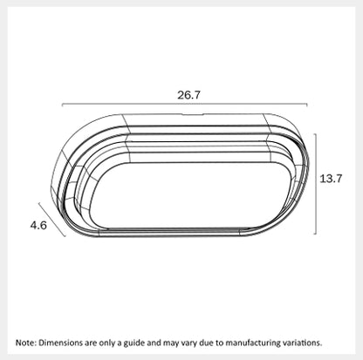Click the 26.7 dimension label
click(x=188, y=95)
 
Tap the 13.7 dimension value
click(x=331, y=179)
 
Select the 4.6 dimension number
click(x=38, y=225)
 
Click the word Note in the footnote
click(x=26, y=343)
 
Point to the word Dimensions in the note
click(x=61, y=343)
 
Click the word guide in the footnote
click(x=134, y=343)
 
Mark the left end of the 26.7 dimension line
click(x=63, y=104)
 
